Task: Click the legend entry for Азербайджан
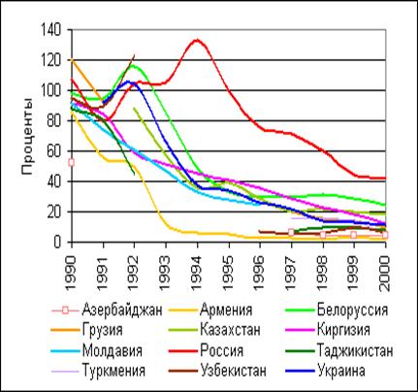pos(122,310)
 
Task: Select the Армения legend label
pos(226,310)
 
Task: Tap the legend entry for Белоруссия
pos(352,310)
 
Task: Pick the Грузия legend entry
pos(103,330)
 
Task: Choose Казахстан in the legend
pos(230,330)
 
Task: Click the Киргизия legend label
pos(343,330)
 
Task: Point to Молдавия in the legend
pos(113,350)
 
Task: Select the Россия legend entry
pos(221,350)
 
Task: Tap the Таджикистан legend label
pos(355,350)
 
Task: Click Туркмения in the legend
pos(113,371)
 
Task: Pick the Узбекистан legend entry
pos(233,371)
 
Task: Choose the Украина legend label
pos(341,371)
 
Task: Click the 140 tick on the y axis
pos(51,30)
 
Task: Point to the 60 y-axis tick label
pos(54,151)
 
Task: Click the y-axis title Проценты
pos(27,136)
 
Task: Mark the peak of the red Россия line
pos(197,40)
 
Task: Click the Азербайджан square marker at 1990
pos(72,162)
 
